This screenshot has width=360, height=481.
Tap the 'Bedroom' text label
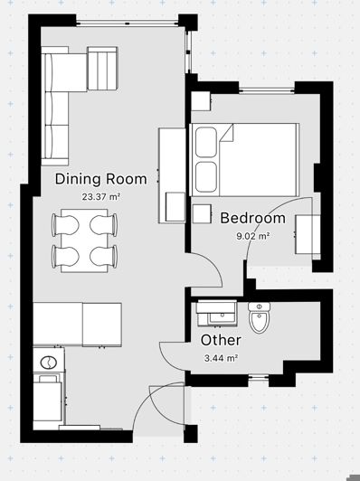point(252,219)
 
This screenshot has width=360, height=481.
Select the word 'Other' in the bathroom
point(220,340)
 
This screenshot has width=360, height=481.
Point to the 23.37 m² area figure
point(101,196)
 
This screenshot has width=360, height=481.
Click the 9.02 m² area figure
point(252,236)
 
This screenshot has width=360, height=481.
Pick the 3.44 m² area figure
point(221,358)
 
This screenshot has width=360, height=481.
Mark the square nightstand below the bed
point(200,213)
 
